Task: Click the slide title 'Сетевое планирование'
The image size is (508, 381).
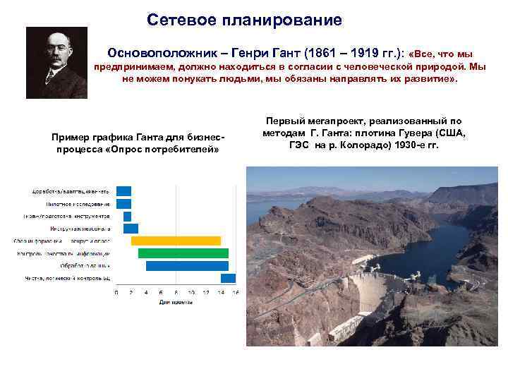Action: [x=244, y=20]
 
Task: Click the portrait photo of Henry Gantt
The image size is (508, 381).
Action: [x=56, y=63]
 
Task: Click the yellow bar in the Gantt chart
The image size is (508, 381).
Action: [x=176, y=241]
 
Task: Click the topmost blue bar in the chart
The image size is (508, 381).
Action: [x=123, y=190]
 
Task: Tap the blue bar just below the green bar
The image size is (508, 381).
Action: [x=186, y=266]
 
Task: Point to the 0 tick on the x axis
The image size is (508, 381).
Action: [x=116, y=293]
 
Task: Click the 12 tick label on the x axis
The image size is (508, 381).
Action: [x=206, y=293]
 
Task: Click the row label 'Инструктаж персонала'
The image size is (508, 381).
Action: [x=80, y=229]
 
